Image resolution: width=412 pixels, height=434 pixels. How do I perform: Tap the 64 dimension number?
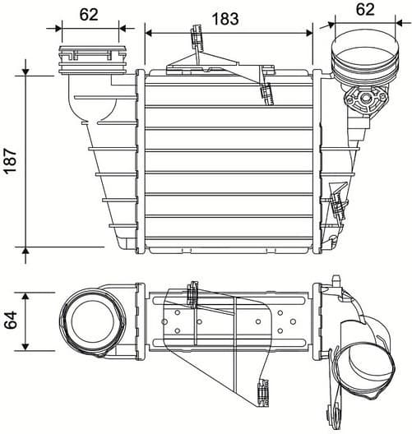tap(12, 321)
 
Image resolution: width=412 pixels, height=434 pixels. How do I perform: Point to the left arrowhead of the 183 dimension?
tap(149, 32)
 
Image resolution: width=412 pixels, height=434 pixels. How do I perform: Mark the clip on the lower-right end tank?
tap(337, 204)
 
